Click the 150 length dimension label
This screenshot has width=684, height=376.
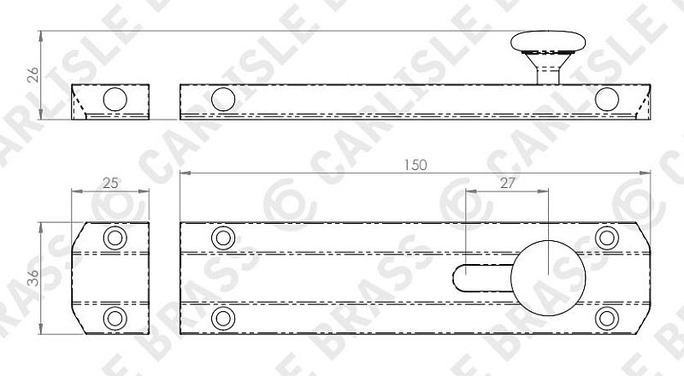click(x=415, y=165)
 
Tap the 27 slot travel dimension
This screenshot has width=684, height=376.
click(x=507, y=184)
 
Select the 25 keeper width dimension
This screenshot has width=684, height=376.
click(x=110, y=183)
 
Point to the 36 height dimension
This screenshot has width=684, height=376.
click(x=33, y=278)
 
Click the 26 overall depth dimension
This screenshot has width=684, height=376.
click(x=33, y=74)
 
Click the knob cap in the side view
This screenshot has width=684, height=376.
click(x=548, y=41)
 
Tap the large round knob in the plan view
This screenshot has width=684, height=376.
click(x=548, y=278)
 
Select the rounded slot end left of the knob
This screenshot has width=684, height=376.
click(x=457, y=278)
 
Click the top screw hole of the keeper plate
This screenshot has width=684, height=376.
click(x=115, y=238)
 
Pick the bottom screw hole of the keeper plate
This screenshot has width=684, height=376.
click(x=115, y=319)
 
